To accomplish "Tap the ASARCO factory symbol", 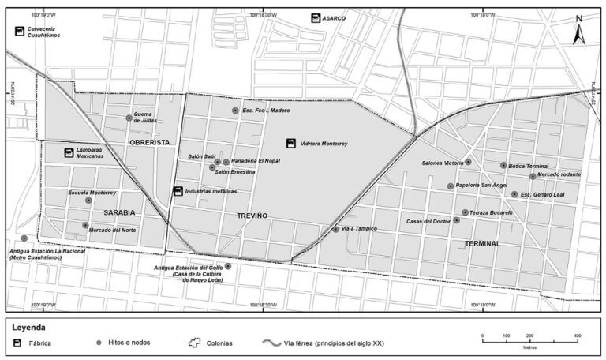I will pyautogui.click(x=316, y=17).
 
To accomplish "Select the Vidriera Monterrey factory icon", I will pyautogui.click(x=292, y=144).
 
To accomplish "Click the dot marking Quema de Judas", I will pyautogui.click(x=129, y=118).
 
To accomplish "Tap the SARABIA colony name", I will pyautogui.click(x=120, y=212).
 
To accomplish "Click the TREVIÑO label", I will pyautogui.click(x=252, y=216).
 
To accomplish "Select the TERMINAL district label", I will pyautogui.click(x=482, y=244).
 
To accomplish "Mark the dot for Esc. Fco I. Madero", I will pyautogui.click(x=235, y=111).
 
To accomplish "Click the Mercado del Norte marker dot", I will pyautogui.click(x=85, y=226).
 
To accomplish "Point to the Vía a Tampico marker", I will pyautogui.click(x=336, y=229).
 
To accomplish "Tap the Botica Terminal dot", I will pyautogui.click(x=503, y=166).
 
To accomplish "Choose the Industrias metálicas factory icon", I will pyautogui.click(x=178, y=191).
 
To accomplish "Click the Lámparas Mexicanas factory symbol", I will pyautogui.click(x=69, y=152).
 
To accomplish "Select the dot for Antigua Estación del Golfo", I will pyautogui.click(x=228, y=266).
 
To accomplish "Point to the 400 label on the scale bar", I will pyautogui.click(x=578, y=336).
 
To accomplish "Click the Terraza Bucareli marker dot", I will pyautogui.click(x=465, y=212).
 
